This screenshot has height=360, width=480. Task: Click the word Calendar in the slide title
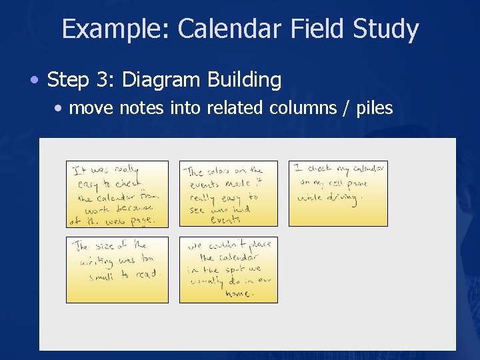coord(231,29)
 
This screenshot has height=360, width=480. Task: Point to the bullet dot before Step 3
coord(34,81)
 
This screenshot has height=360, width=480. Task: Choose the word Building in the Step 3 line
coord(245,81)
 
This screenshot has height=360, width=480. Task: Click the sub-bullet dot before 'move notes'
coord(60,108)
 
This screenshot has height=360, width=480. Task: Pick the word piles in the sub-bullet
coord(374,108)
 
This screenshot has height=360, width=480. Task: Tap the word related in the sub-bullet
coord(235,108)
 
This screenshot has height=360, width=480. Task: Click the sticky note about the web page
coord(117,193)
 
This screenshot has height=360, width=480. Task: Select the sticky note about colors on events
coord(229,193)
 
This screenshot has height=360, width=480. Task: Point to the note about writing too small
coord(117,270)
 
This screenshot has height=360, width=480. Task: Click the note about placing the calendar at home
coord(229,270)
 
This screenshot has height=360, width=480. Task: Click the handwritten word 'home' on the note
coord(237,293)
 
